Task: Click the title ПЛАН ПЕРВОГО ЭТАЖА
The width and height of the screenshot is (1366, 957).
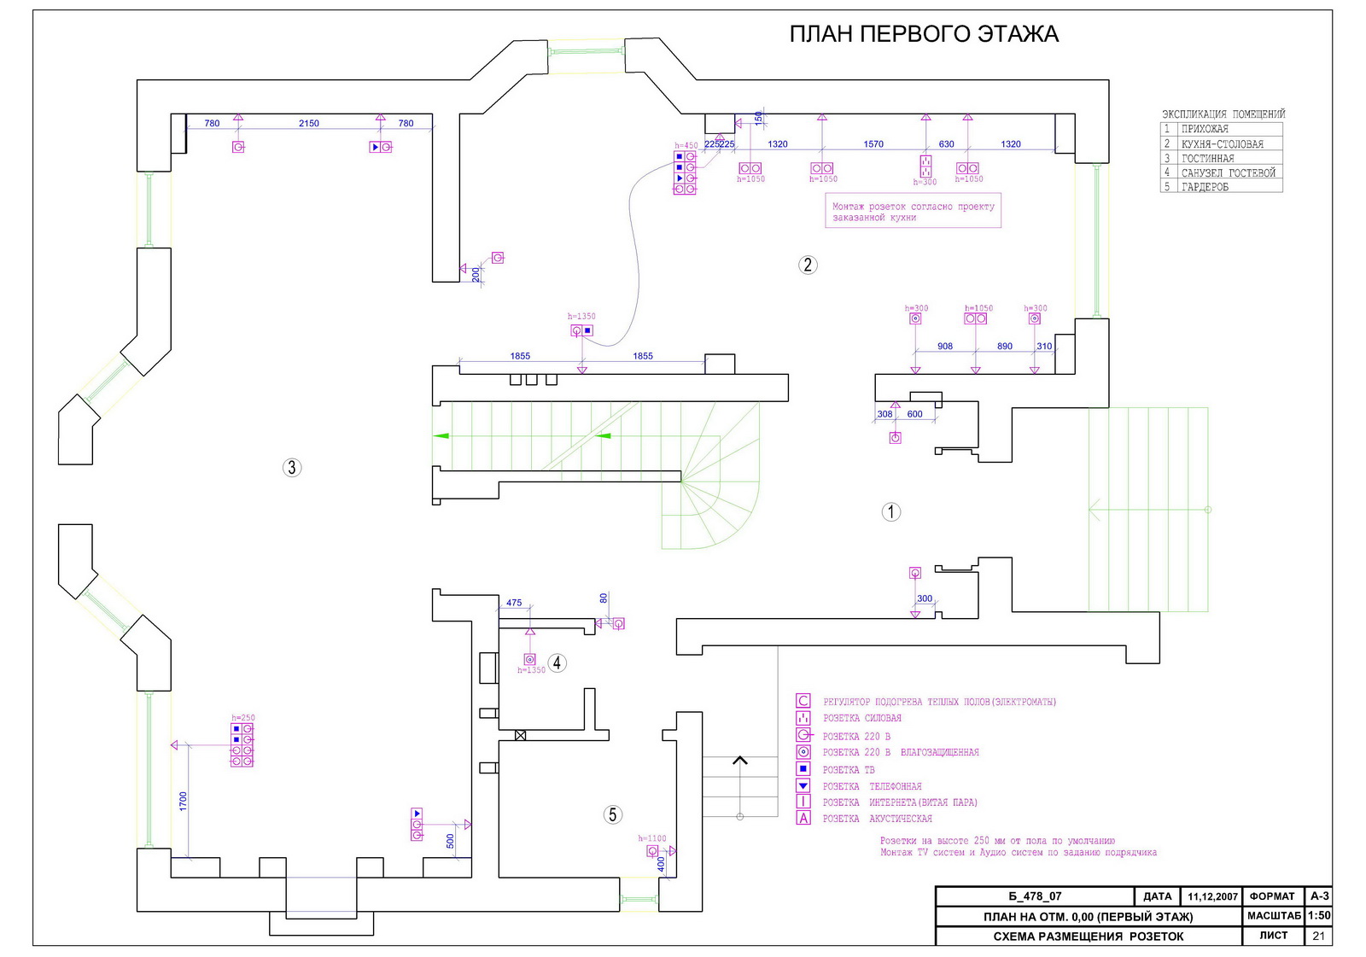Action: click(x=923, y=34)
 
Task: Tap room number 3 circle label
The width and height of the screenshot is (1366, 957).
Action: click(x=292, y=467)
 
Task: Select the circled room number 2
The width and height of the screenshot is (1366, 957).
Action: click(x=808, y=265)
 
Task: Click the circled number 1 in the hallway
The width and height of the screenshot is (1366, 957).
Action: click(x=890, y=511)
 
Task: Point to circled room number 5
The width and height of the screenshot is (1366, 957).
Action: click(x=612, y=814)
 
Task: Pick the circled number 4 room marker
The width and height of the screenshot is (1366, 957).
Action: click(x=557, y=662)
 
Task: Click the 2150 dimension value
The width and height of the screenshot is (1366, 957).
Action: click(x=308, y=124)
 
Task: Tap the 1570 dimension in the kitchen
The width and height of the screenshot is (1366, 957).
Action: click(x=873, y=144)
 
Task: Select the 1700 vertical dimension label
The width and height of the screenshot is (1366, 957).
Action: click(x=183, y=801)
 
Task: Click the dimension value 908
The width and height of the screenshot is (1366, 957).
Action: click(x=944, y=347)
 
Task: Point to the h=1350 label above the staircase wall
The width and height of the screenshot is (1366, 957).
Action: click(x=581, y=317)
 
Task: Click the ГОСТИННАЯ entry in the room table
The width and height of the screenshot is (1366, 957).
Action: click(x=1207, y=159)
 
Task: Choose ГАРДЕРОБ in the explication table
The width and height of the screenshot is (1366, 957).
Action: click(x=1205, y=187)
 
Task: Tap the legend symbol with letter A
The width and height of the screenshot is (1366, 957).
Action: click(x=803, y=819)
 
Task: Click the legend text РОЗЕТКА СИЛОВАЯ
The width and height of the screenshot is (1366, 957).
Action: click(x=861, y=719)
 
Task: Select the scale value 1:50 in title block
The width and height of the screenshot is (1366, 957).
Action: click(x=1318, y=915)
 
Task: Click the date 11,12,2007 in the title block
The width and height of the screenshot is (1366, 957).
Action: click(x=1212, y=896)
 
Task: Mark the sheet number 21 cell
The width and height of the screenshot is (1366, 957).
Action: click(x=1318, y=936)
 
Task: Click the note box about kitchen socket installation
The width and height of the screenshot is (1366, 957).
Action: click(x=914, y=212)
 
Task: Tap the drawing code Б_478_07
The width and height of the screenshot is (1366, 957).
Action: click(x=1035, y=896)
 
